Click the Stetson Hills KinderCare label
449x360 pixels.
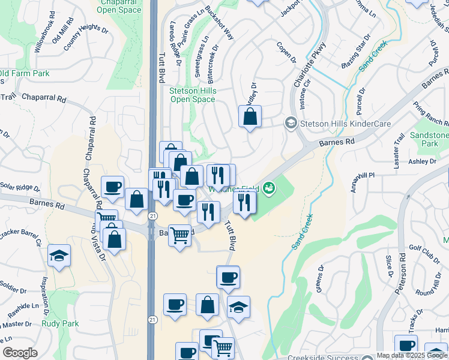point(346,124)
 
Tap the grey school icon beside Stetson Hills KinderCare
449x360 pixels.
point(291,123)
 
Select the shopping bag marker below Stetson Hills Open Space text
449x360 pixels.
point(250,117)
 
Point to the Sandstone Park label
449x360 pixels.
point(429,140)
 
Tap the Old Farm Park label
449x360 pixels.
point(24,74)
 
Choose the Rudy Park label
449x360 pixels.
point(61,324)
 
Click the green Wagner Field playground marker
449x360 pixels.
point(270,188)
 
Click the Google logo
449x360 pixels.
point(20,353)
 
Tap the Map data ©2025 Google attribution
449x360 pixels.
point(411,355)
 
